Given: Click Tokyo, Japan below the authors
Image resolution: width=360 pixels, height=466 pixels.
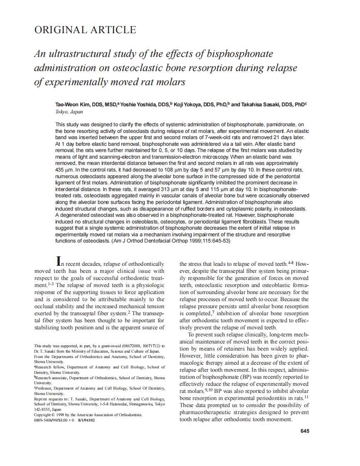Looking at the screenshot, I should tap(69, 112).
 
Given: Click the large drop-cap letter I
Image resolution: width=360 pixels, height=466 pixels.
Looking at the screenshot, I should tap(59, 261).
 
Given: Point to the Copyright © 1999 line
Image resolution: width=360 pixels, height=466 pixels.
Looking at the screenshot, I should tap(88, 415).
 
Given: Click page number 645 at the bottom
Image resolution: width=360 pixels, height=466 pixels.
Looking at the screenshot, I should tap(304, 431).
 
